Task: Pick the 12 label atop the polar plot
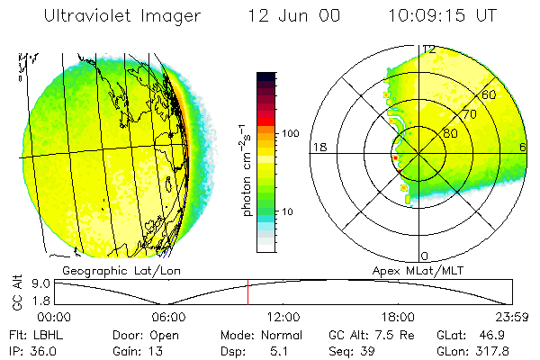(430, 49)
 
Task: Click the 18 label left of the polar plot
(318, 147)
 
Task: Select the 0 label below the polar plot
(426, 256)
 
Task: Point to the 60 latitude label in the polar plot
(490, 94)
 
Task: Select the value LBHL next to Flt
(44, 333)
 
